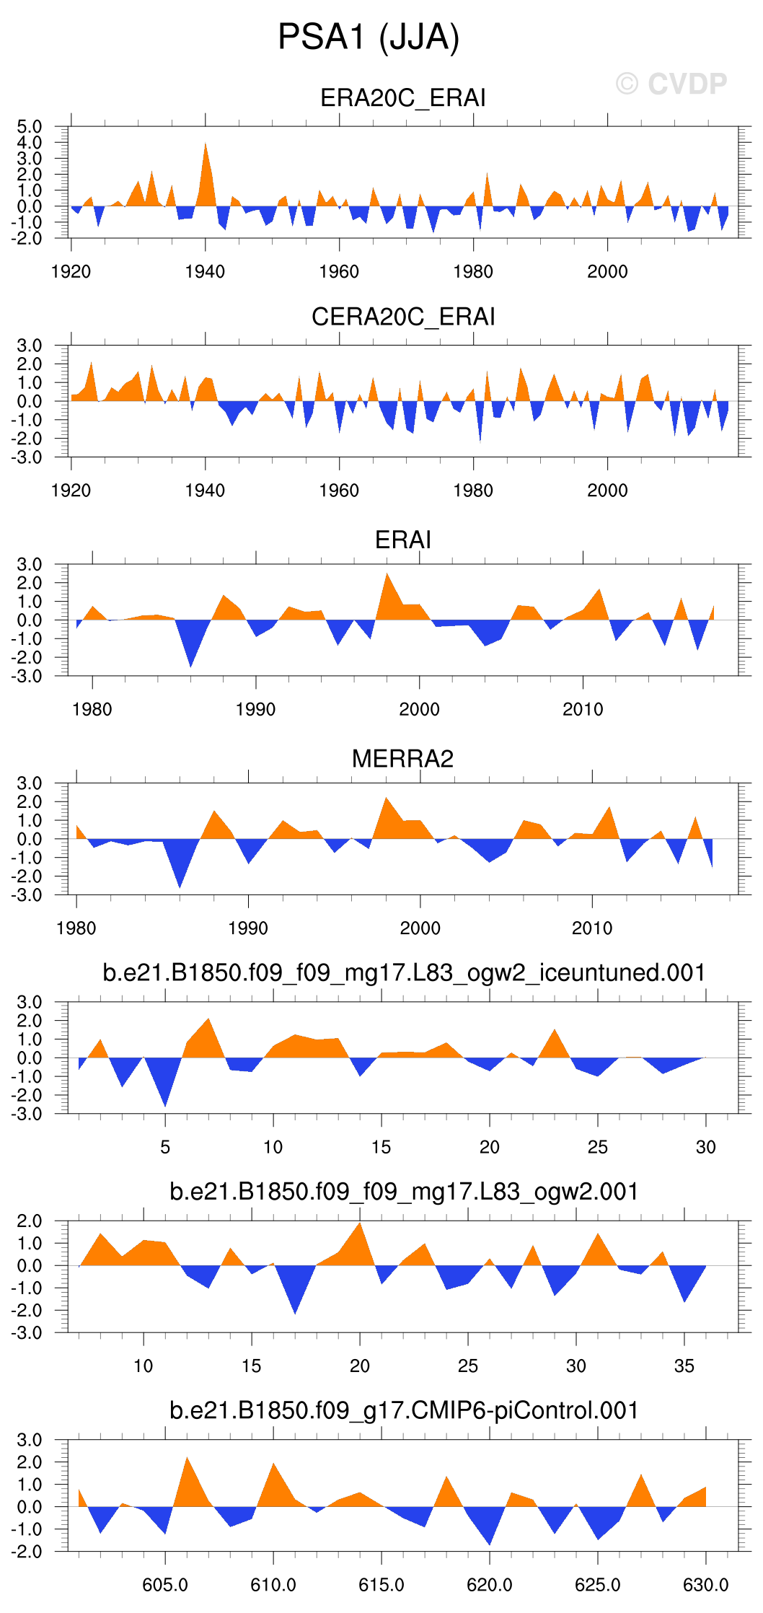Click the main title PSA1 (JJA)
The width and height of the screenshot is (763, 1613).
pos(369,38)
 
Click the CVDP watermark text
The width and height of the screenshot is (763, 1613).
pos(671,84)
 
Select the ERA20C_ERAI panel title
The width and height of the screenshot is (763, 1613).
pos(402,97)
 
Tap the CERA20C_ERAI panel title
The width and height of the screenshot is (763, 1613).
pos(402,317)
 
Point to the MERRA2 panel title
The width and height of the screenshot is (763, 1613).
pos(402,759)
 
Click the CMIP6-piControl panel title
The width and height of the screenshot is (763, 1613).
pos(404,1410)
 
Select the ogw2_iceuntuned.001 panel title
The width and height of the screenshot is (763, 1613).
pos(404,972)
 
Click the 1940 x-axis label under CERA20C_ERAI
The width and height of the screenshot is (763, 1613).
pos(205,491)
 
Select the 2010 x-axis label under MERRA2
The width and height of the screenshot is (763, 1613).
pos(591,928)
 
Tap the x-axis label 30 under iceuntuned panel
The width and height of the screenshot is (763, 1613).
pos(705,1147)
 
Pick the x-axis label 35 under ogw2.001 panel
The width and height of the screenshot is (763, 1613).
pos(684,1366)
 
